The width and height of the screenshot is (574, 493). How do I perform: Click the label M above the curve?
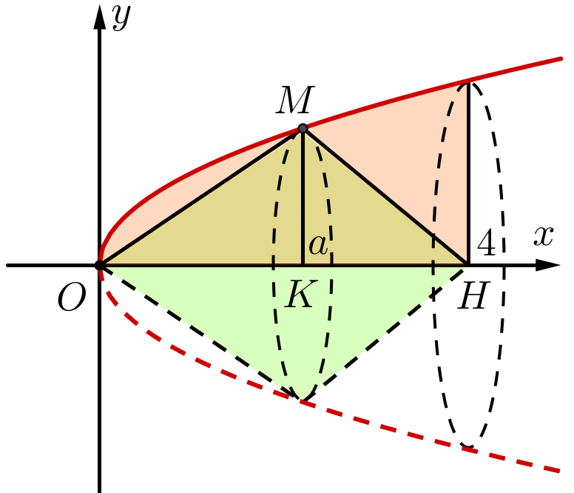coord(295,101)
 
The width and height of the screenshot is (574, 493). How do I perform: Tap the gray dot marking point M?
coord(303,129)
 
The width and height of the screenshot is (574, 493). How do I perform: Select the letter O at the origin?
coord(72,297)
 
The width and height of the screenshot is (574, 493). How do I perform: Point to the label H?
coord(473,296)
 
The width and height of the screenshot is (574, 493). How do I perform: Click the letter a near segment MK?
coord(319,245)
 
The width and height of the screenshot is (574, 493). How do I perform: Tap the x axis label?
coord(544,236)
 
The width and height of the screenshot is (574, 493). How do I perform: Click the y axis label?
coord(121,16)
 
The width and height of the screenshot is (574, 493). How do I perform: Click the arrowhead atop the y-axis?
coord(99,16)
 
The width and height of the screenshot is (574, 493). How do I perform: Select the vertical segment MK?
coord(303,200)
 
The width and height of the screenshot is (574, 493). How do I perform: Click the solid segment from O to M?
coord(200,197)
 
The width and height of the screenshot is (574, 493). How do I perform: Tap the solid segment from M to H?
coord(385,196)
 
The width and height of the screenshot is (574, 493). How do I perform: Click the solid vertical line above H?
coord(468,170)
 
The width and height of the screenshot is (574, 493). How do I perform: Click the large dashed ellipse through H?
coord(505,296)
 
